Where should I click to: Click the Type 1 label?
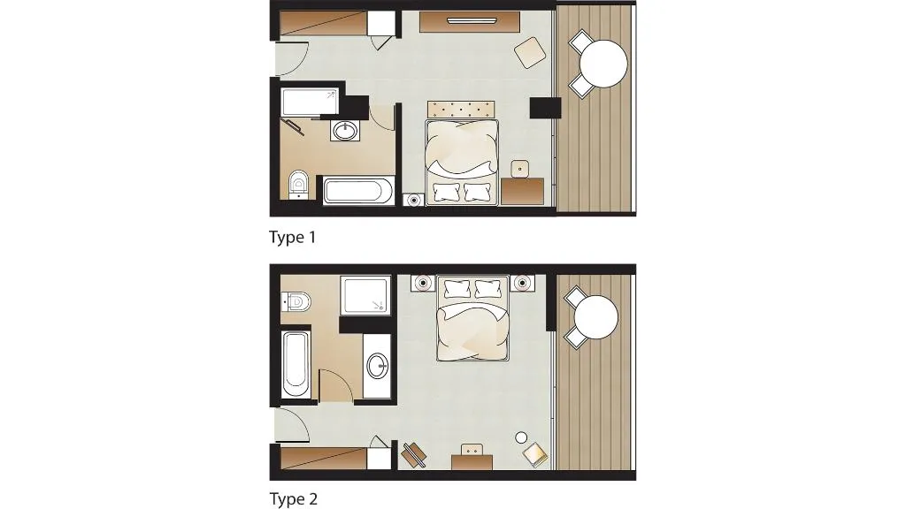[x=292, y=237]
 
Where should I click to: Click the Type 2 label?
[x=294, y=498]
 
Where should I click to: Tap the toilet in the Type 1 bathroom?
[x=298, y=184]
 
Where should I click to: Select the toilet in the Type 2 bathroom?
[x=296, y=301]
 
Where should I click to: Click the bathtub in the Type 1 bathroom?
[x=358, y=191]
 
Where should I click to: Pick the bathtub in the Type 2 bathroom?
[x=296, y=363]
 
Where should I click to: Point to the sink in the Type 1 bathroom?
[x=346, y=131]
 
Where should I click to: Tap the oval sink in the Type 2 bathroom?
[x=378, y=366]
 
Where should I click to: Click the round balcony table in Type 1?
[x=603, y=64]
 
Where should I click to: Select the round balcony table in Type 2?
[x=595, y=317]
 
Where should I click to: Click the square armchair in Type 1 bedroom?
[x=530, y=52]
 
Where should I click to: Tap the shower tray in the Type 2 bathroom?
[x=365, y=295]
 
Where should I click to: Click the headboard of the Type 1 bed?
[x=461, y=109]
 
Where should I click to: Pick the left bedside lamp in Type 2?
[x=424, y=284]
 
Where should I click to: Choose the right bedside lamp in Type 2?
[x=522, y=284]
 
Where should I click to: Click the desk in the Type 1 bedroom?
[x=522, y=191]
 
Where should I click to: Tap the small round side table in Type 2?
[x=521, y=438]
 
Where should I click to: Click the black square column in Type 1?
[x=545, y=108]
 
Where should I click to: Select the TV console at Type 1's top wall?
[x=469, y=22]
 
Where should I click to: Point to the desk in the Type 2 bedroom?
[x=472, y=461]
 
